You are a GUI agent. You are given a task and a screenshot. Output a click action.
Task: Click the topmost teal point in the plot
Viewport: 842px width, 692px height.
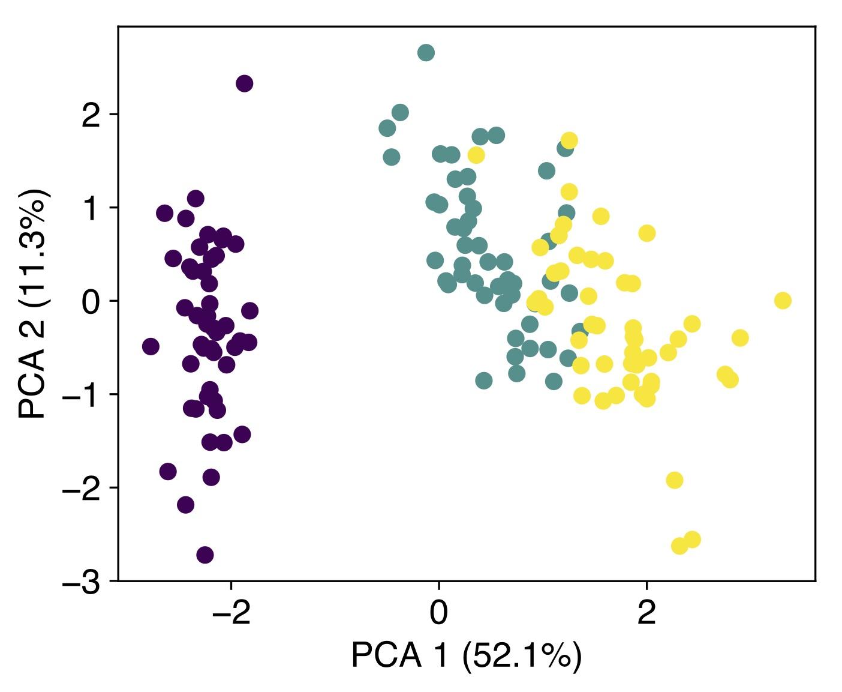[x=426, y=53]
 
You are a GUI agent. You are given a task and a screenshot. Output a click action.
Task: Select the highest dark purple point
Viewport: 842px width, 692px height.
[x=244, y=83]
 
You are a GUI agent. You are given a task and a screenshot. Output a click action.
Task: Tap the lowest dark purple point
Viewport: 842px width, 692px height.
[x=205, y=555]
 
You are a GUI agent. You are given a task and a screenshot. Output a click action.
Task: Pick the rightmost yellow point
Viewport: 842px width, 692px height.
[x=783, y=301]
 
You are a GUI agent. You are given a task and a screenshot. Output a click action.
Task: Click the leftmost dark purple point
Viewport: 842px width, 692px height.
[x=151, y=346]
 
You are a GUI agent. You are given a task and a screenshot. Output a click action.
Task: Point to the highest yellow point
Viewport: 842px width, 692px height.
[x=569, y=140]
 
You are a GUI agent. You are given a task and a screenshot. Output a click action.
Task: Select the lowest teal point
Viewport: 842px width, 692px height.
[x=484, y=381]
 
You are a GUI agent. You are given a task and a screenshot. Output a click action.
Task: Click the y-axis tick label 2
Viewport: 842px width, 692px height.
[x=91, y=116]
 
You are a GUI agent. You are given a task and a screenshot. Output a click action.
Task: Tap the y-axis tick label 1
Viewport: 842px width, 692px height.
[x=91, y=209]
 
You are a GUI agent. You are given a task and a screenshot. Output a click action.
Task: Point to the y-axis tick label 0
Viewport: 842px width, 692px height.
[x=91, y=302]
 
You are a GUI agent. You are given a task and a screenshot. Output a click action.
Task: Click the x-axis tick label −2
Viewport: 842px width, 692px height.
[x=231, y=613]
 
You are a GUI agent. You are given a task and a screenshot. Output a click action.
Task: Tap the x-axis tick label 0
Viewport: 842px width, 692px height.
[x=439, y=613]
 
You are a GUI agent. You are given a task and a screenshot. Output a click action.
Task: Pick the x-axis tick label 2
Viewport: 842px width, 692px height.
[x=646, y=613]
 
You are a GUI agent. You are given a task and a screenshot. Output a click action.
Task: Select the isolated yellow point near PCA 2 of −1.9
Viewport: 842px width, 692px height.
[x=675, y=480]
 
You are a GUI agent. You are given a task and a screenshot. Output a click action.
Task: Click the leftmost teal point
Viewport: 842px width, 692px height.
[x=387, y=128]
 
